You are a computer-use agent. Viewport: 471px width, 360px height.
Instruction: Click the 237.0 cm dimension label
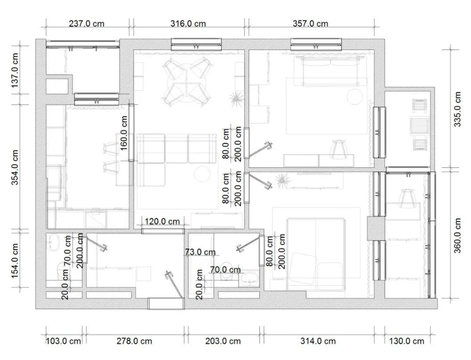pos(87,24)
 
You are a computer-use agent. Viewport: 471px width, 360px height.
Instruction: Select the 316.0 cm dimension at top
pos(188,24)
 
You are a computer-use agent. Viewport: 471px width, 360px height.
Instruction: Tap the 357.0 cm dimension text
pos(310,24)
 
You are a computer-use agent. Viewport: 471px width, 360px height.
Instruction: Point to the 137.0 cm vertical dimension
pos(15,71)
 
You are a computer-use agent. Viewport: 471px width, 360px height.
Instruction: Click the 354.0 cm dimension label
pos(15,167)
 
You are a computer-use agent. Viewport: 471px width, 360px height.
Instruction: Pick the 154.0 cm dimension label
pos(15,261)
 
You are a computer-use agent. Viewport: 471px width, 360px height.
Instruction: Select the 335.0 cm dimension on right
pos(457,109)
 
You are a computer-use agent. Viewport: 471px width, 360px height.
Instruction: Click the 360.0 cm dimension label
pos(457,236)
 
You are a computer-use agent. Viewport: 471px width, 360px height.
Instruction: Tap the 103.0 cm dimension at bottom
pos(64,341)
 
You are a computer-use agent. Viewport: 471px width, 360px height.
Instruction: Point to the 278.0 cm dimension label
pos(134,341)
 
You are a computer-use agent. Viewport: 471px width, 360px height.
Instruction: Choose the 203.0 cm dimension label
pos(223,341)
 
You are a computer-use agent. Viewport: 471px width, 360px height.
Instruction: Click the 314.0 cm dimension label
pos(318,341)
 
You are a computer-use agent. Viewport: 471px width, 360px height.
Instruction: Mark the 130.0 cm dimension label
pos(407,341)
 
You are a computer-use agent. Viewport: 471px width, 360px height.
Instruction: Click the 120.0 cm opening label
pos(162,221)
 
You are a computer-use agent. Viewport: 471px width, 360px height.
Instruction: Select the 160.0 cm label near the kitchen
pos(124,133)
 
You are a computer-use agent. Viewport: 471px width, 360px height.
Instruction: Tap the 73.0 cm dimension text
pos(200,252)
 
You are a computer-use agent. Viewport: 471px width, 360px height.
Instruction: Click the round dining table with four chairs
pos(187,82)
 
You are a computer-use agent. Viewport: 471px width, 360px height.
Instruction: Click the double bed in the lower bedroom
pos(316,254)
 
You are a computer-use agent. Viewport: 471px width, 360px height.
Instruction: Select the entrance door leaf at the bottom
pos(175,285)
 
